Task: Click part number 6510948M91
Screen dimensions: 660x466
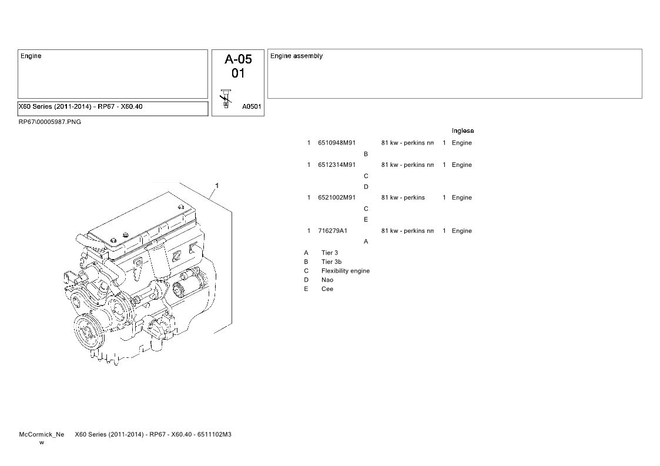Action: click(x=337, y=143)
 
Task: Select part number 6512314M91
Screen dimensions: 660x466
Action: click(x=337, y=165)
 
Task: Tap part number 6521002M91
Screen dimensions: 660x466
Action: click(x=337, y=197)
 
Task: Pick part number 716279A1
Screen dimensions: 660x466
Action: click(x=333, y=231)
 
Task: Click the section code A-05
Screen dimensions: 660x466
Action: click(x=238, y=59)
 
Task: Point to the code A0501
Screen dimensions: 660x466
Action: click(x=252, y=106)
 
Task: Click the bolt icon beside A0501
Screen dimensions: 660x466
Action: click(x=226, y=99)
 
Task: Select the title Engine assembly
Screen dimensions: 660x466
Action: click(x=296, y=56)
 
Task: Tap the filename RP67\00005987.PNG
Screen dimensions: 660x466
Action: click(x=50, y=122)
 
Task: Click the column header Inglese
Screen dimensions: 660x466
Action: click(x=463, y=131)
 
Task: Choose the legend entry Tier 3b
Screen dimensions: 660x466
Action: click(x=331, y=262)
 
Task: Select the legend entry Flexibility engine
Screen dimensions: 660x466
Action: click(x=345, y=271)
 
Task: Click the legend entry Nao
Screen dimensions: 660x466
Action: click(x=327, y=280)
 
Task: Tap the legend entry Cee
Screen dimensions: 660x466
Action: click(x=327, y=289)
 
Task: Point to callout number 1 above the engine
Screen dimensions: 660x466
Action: click(x=217, y=186)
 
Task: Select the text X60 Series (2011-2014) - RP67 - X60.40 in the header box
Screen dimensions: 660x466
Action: click(x=81, y=106)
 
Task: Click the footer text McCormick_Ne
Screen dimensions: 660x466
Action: click(x=42, y=434)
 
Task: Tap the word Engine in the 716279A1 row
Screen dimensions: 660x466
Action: click(x=462, y=231)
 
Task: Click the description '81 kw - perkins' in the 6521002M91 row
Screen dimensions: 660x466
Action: click(x=403, y=197)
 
